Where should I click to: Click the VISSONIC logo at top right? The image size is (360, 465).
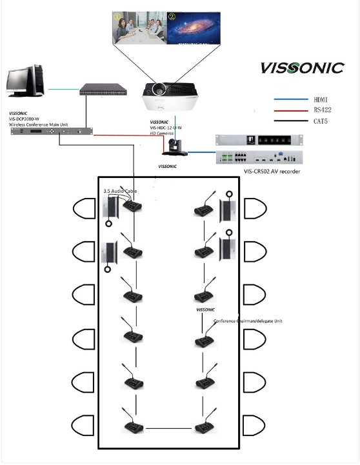(301, 68)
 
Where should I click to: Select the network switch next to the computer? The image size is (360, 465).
(104, 90)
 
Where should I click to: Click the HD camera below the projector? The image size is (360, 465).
(175, 148)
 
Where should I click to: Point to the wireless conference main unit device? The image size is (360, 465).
(51, 132)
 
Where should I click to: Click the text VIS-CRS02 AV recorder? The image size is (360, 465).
(264, 172)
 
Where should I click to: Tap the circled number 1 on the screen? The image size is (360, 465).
(117, 17)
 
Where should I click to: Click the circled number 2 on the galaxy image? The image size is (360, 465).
(172, 17)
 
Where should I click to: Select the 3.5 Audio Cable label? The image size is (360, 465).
(120, 191)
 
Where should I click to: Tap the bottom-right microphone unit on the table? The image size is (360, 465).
(206, 426)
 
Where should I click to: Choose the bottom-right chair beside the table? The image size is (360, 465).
(255, 424)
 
